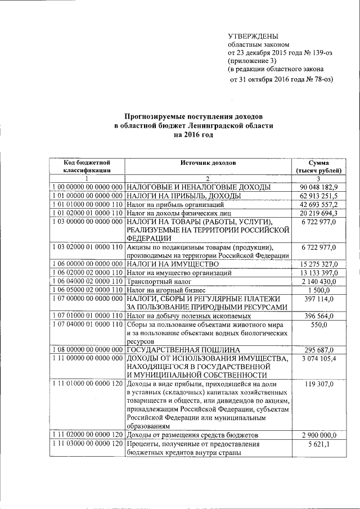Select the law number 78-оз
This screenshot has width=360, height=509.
[320, 79]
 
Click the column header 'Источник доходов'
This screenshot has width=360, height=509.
[208, 162]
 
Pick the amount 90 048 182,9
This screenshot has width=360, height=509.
[318, 186]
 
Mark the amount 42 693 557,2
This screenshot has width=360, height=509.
[318, 204]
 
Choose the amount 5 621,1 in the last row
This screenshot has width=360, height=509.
[326, 444]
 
